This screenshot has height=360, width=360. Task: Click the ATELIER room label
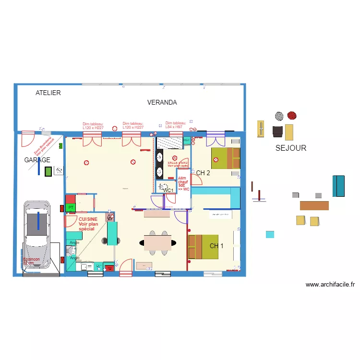coord(48,93)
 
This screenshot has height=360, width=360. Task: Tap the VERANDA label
coord(162,102)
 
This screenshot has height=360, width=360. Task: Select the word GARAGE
coord(37,160)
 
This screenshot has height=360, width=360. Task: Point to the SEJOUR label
coord(290,148)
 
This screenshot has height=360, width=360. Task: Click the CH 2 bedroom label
coord(203,173)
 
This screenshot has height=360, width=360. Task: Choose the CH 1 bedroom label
coord(216,246)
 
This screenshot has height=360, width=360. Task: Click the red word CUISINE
coord(88,219)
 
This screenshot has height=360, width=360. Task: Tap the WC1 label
coord(168,191)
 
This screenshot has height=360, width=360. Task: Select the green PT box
coord(71,207)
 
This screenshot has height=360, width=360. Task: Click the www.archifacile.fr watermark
coord(330,285)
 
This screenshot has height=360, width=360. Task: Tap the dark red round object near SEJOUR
coord(291,115)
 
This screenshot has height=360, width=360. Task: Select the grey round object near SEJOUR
coord(279,116)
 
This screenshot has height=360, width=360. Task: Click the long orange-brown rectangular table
coord(314,205)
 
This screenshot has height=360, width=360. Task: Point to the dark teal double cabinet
coord(338,186)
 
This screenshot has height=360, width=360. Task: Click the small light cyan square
coord(270,234)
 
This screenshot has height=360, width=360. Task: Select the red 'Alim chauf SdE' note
coord(183,183)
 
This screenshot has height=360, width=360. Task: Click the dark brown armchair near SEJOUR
coord(277,131)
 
